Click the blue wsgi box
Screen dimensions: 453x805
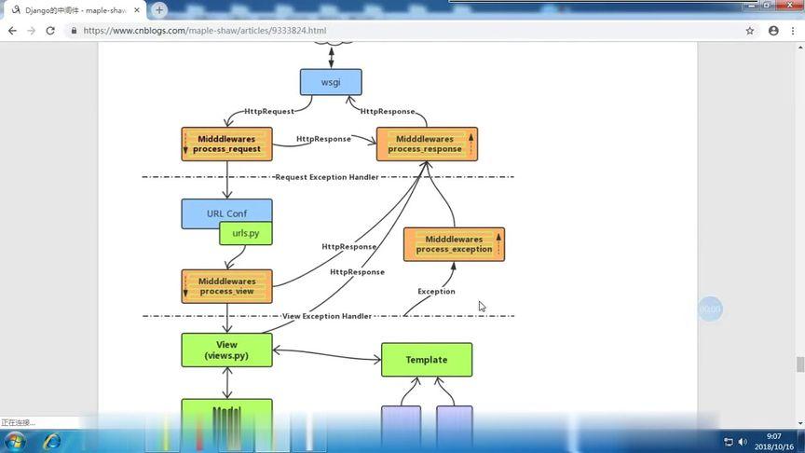pos(331,82)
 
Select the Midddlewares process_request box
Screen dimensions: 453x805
pos(226,144)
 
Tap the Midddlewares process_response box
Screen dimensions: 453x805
pos(427,144)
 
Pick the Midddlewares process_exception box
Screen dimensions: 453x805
pos(454,244)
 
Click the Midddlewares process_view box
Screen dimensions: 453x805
pos(226,286)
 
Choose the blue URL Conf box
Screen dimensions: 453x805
pos(226,213)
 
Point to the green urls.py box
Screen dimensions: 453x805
pos(246,233)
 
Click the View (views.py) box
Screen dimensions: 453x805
pos(226,350)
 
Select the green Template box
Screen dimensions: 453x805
pos(427,360)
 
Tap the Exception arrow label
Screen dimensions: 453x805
pos(436,292)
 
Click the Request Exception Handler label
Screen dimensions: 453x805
pos(326,177)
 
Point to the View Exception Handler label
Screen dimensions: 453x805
pos(326,317)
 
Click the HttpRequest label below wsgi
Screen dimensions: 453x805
pos(268,112)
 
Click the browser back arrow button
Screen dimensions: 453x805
pos(12,31)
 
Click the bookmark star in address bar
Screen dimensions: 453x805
pos(749,31)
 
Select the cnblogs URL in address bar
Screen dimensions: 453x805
pos(204,31)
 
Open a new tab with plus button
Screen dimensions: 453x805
pos(159,10)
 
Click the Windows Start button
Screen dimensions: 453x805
pos(16,441)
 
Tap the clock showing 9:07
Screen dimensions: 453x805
pos(774,436)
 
